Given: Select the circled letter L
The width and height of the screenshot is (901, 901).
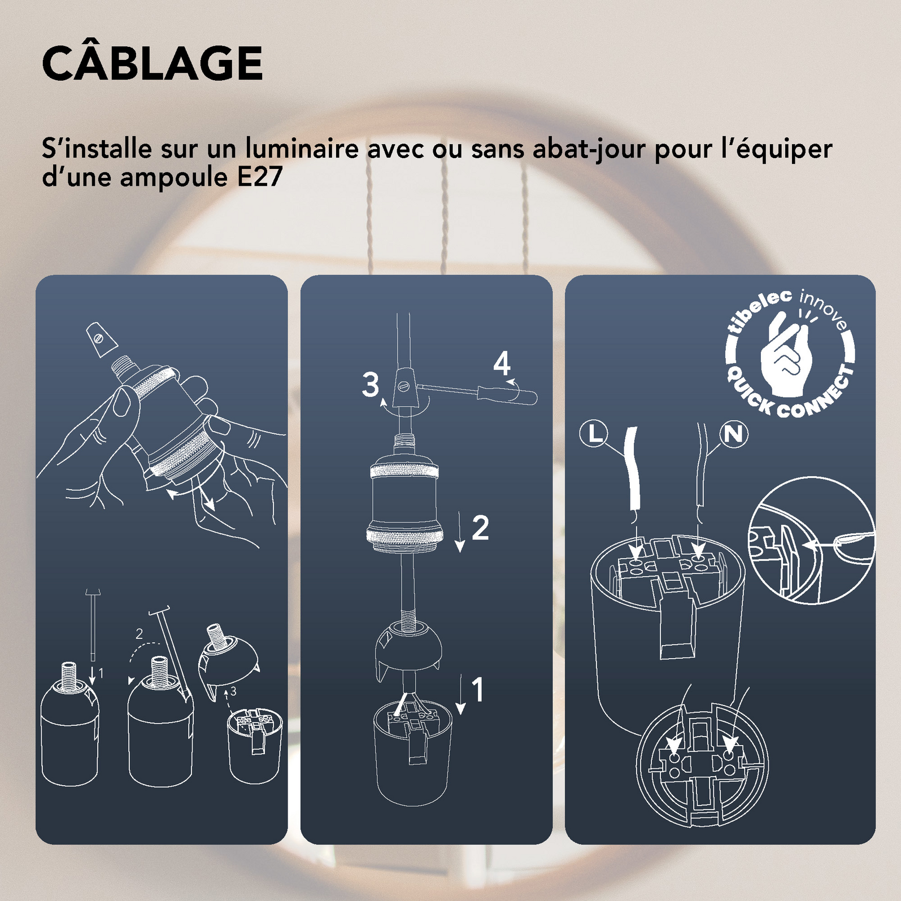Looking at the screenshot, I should click(x=594, y=434).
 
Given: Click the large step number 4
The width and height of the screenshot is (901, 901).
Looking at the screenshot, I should click(x=501, y=364).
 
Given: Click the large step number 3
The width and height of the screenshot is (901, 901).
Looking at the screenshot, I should click(x=371, y=385).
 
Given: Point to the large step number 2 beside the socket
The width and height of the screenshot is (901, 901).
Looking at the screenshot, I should click(x=480, y=528).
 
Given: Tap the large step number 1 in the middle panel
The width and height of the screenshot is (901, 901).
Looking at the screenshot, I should click(x=477, y=690).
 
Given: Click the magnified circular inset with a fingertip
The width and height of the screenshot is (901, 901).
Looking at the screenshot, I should click(x=811, y=540).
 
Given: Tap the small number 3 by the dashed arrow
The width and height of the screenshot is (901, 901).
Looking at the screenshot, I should click(x=233, y=691).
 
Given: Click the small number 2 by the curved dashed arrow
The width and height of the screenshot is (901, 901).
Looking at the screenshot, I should click(x=140, y=634).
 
